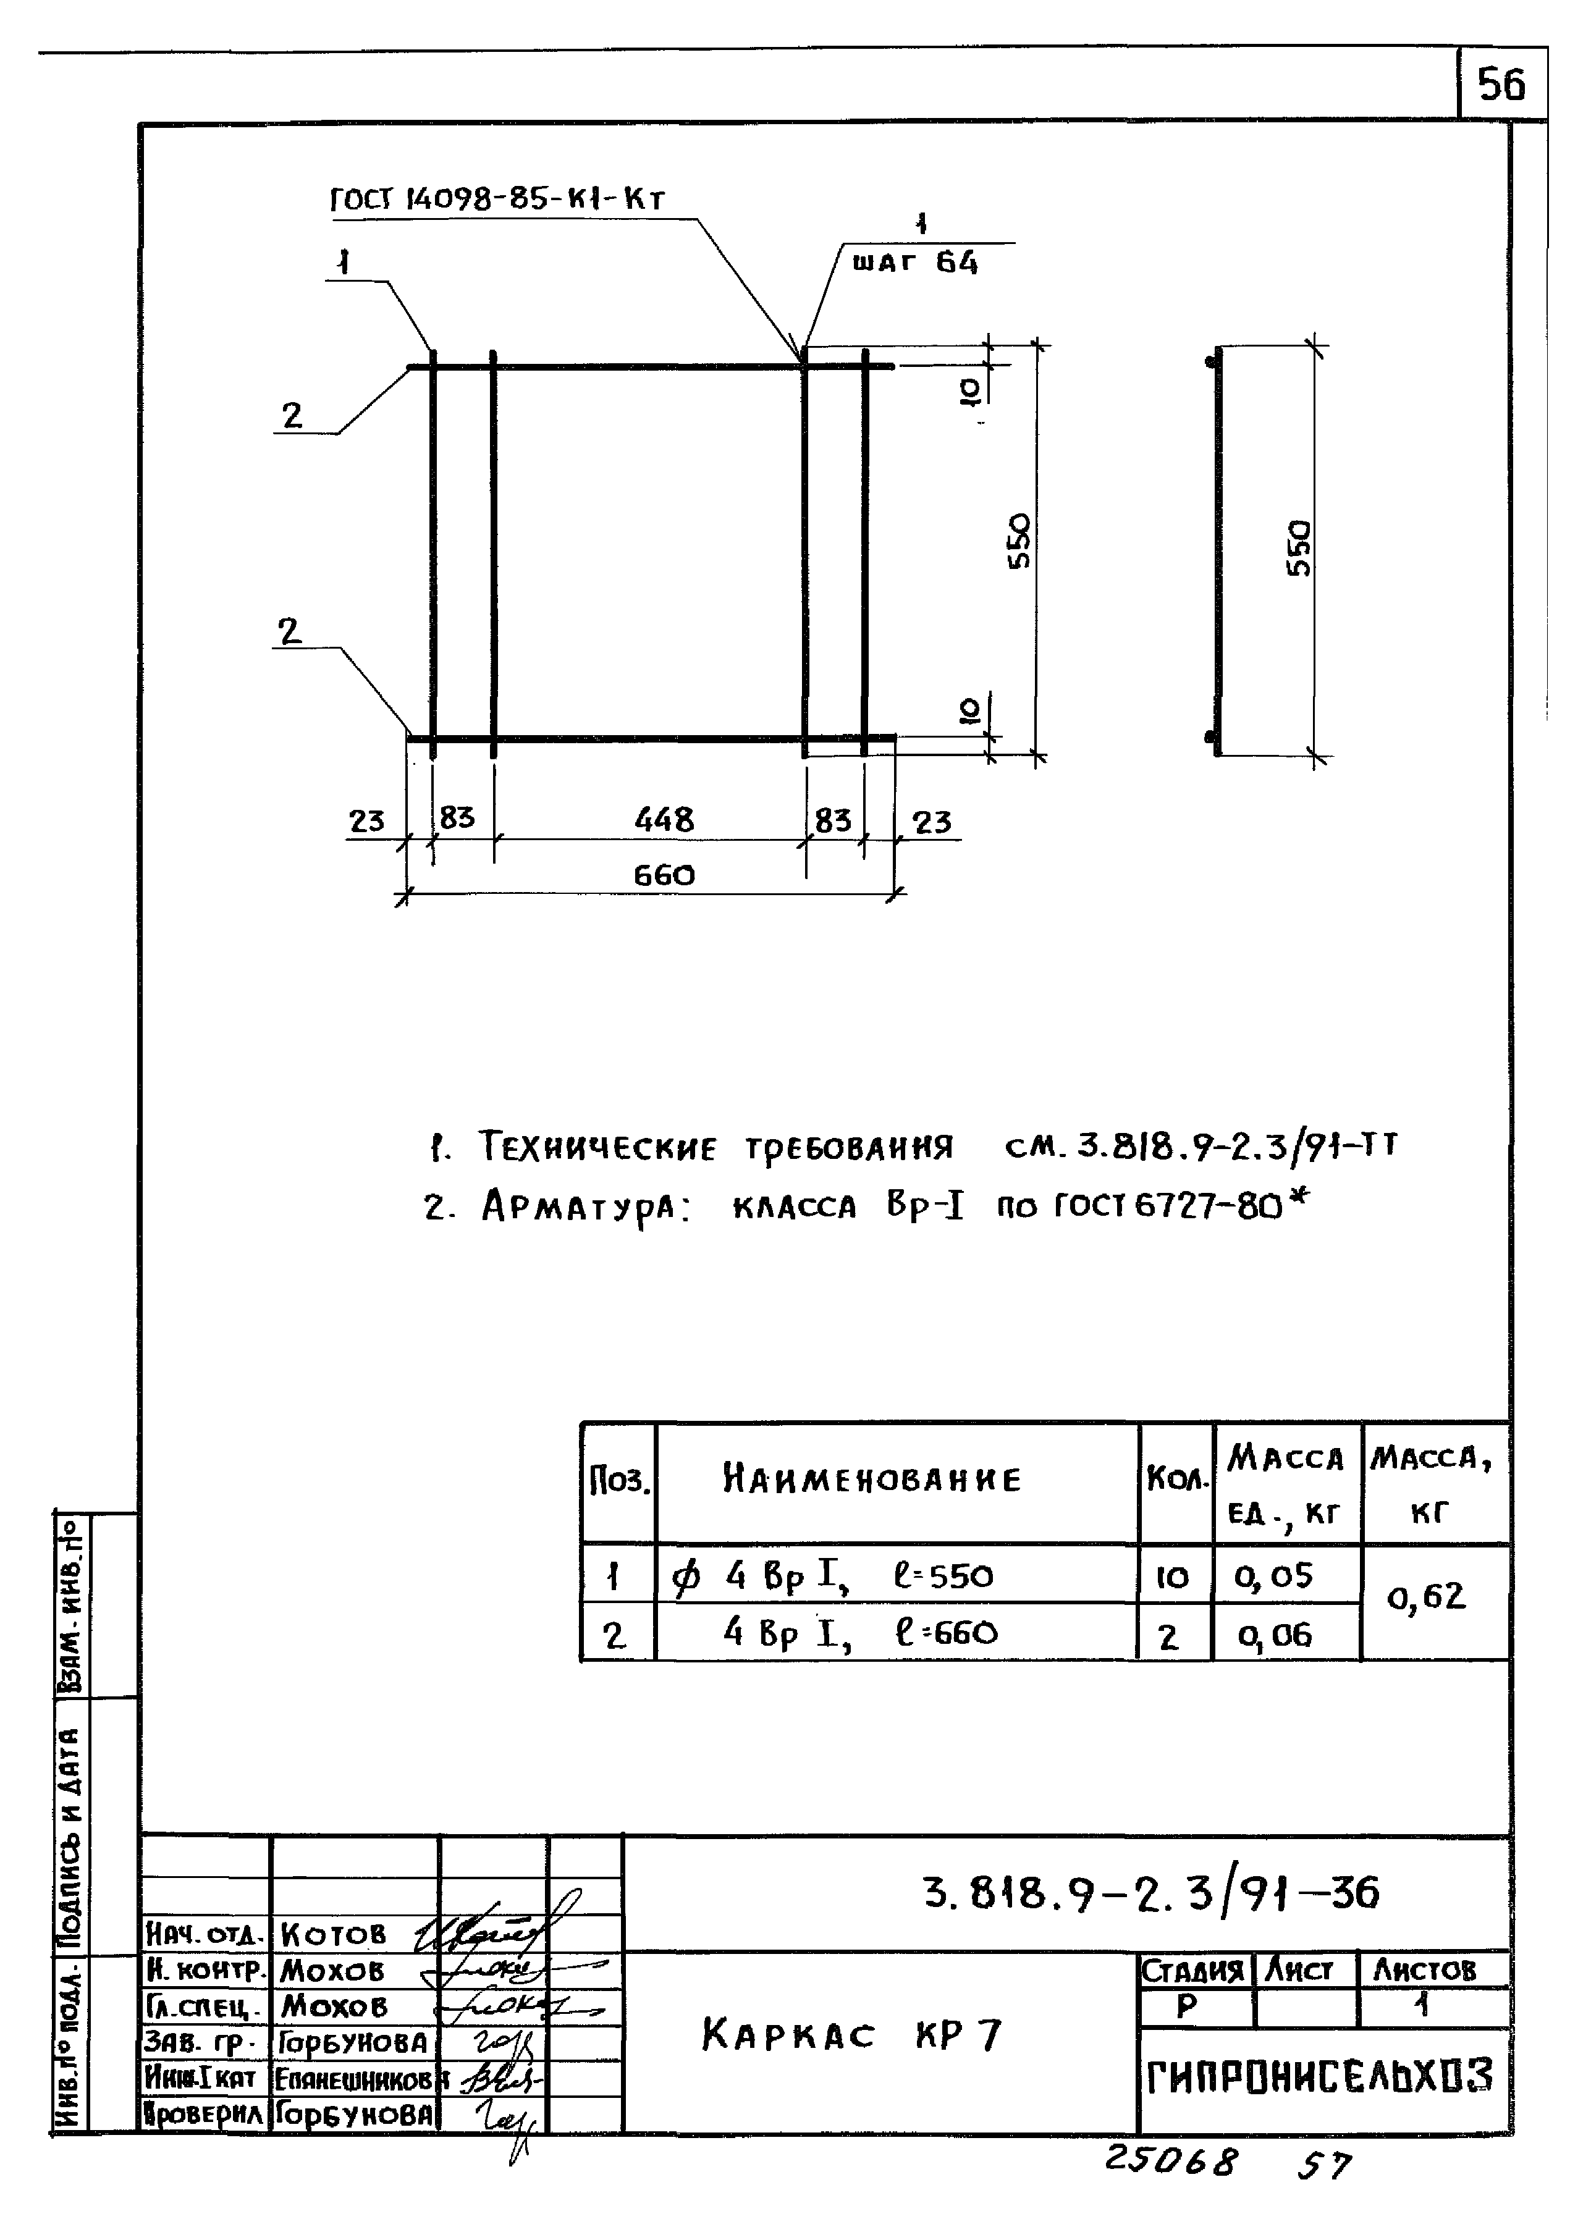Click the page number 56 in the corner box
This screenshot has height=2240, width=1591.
click(x=1501, y=85)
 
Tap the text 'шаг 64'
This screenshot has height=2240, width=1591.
click(x=914, y=263)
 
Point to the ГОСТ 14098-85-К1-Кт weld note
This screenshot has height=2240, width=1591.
click(x=497, y=200)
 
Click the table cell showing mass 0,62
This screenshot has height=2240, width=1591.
click(x=1427, y=1598)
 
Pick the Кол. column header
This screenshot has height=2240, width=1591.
click(x=1176, y=1480)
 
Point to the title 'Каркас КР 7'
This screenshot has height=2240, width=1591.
click(x=851, y=2036)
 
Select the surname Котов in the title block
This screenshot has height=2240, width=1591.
click(x=333, y=1934)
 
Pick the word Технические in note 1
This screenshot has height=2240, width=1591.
click(x=597, y=1146)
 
